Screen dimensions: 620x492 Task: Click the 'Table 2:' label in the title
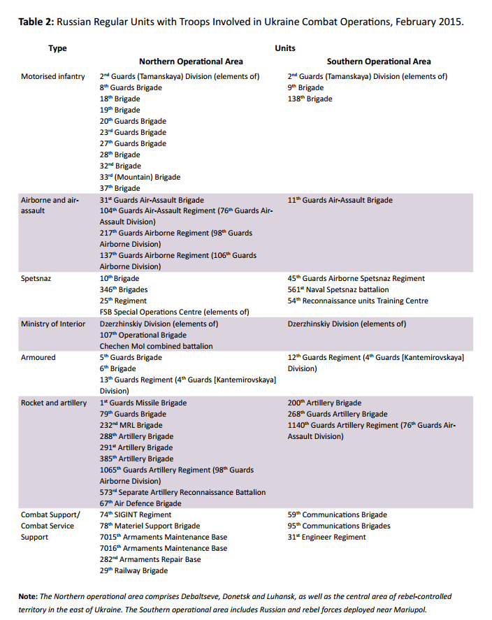click(36, 22)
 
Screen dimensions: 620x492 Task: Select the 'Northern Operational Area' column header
click(191, 62)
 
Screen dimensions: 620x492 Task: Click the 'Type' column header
click(57, 48)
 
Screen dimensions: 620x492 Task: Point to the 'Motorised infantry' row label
click(53, 76)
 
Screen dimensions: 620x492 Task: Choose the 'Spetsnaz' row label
click(37, 278)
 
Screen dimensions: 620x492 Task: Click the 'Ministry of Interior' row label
click(53, 324)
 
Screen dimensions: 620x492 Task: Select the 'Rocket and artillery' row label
click(54, 403)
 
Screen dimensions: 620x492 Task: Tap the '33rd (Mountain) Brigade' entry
click(140, 177)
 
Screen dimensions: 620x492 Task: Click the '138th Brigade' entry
click(310, 99)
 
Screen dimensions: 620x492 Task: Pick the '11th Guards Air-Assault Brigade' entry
click(340, 200)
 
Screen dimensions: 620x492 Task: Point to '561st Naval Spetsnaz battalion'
click(338, 289)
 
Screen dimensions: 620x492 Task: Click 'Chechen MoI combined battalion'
click(156, 346)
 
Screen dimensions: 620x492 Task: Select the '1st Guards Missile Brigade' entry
click(143, 403)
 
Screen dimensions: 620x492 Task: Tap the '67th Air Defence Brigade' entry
click(140, 503)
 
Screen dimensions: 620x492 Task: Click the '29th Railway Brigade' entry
click(133, 570)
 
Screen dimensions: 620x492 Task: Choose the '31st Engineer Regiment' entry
click(326, 537)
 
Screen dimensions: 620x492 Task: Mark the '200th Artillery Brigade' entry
click(324, 403)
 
